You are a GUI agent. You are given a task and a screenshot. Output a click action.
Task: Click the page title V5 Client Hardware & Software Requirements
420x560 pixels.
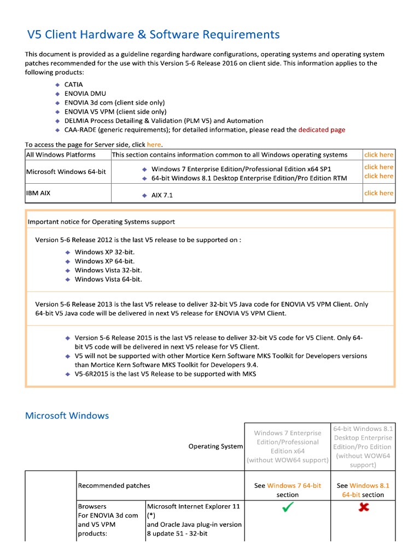click(x=154, y=35)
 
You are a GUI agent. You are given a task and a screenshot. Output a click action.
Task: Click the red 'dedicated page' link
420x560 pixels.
click(x=322, y=130)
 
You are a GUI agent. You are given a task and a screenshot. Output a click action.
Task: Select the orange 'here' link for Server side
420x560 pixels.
click(x=154, y=144)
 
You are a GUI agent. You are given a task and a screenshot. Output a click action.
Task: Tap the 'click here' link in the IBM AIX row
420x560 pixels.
click(x=378, y=193)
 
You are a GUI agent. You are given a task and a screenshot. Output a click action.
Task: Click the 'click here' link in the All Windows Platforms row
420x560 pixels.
click(x=378, y=155)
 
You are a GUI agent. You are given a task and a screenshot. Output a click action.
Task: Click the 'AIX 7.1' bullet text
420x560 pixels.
click(x=162, y=195)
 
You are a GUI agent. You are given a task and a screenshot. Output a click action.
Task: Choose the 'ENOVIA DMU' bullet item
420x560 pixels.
click(x=81, y=94)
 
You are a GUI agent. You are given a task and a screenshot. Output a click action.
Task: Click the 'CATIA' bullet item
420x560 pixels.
click(x=73, y=85)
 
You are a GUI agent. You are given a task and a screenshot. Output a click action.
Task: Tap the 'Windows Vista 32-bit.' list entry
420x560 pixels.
click(x=108, y=270)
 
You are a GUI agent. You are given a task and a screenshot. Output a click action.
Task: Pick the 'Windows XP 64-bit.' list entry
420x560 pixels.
click(x=104, y=261)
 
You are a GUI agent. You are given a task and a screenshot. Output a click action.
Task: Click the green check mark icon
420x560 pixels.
click(x=288, y=508)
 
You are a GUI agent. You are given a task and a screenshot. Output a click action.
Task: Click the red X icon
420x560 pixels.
click(x=363, y=507)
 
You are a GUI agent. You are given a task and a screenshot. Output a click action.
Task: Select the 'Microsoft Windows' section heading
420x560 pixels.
click(x=67, y=416)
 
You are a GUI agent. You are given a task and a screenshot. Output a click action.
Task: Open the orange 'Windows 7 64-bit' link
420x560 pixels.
click(x=294, y=486)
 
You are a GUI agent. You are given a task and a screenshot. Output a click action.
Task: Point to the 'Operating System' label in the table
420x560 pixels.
click(x=215, y=446)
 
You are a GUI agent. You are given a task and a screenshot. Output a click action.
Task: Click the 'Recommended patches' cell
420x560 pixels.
click(x=114, y=486)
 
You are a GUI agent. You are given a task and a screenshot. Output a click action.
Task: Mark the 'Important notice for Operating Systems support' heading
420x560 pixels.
click(x=101, y=221)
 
